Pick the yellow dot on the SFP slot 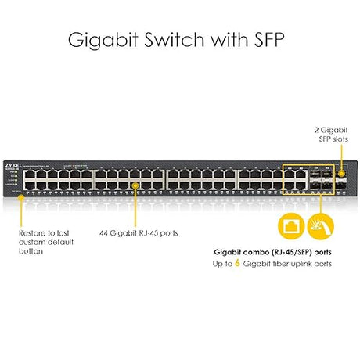[x=340, y=173]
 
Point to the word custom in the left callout [x=33, y=242]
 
